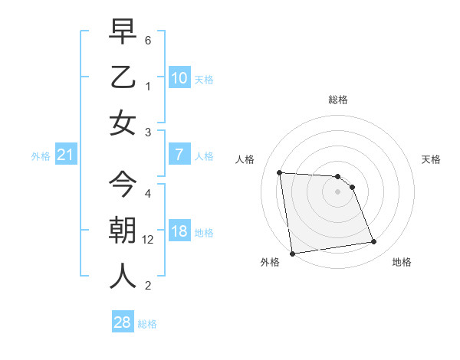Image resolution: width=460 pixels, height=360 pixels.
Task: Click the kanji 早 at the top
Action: point(123,32)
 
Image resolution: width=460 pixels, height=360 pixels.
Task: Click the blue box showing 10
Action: point(179,77)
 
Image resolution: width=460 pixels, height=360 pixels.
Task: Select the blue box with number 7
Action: point(179,155)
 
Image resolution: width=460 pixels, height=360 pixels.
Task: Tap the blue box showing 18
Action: point(179,231)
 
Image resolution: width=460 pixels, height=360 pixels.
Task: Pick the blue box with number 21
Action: point(65,155)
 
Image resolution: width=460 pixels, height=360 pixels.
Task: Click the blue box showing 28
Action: point(123,322)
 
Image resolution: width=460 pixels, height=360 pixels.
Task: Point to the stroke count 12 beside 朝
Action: point(149,240)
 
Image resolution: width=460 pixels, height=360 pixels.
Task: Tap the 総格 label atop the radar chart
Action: point(337,100)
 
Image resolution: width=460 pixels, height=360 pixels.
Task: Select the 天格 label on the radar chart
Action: point(432,159)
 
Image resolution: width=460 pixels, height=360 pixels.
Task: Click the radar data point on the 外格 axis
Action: point(292,254)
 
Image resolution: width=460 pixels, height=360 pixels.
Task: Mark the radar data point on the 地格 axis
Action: point(373,242)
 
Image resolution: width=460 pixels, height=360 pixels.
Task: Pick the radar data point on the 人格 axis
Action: point(280,172)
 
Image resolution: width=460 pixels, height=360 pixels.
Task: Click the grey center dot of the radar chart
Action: point(337,191)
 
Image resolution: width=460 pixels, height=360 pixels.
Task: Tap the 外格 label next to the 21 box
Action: point(40,156)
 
